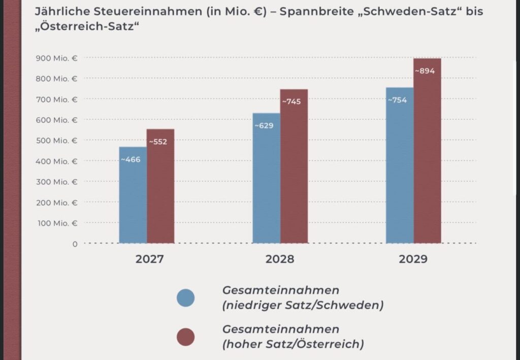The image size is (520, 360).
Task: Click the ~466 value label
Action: (131, 159)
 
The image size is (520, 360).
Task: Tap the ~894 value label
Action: (425, 71)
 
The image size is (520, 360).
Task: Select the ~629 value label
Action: (264, 125)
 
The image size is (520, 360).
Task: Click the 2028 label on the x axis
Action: (280, 259)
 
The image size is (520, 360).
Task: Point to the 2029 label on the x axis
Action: (413, 259)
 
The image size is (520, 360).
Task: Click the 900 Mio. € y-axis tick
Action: (56, 58)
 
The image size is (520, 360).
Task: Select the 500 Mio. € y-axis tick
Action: (56, 140)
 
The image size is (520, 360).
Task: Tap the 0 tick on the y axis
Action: (75, 244)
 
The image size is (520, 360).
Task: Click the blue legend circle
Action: (185, 298)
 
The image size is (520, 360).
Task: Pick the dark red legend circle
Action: (185, 337)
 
